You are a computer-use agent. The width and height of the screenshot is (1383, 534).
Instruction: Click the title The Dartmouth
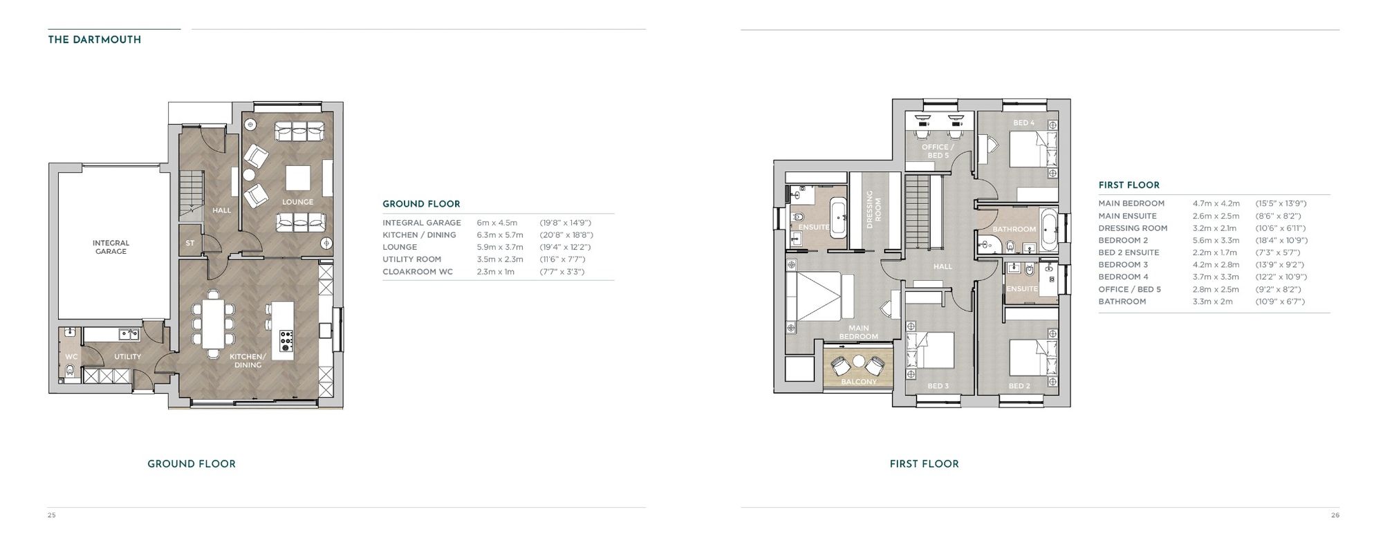point(94,40)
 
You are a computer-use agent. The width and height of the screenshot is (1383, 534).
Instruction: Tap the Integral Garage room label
point(111,247)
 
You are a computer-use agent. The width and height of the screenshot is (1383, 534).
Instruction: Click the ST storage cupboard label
point(189,243)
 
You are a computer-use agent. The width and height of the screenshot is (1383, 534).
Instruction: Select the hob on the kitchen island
point(286,340)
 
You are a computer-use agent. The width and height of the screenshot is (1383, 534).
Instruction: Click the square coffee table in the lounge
point(299,178)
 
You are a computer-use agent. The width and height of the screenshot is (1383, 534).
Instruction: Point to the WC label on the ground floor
point(71,357)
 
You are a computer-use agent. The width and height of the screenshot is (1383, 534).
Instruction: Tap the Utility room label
point(127,357)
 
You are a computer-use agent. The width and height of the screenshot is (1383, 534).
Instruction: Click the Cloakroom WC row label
point(418,272)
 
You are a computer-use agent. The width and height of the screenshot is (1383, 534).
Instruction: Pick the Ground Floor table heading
point(421,204)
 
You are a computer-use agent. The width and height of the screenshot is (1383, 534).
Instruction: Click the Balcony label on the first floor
point(858,382)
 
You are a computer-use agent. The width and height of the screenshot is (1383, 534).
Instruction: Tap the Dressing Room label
point(873,210)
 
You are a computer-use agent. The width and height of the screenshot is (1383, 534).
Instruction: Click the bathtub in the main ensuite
point(839,217)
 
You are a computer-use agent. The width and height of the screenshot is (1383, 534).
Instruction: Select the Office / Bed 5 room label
point(938,151)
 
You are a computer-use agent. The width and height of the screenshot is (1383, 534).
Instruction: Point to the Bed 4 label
point(1023,123)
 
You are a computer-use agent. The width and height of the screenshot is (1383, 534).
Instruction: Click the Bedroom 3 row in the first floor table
point(1123,265)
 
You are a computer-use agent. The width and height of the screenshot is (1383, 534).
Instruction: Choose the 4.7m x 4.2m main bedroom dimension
point(1216,204)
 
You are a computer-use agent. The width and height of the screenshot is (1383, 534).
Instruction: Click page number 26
point(1335,515)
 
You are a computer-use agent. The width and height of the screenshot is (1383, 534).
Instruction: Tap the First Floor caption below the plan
point(924,464)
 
